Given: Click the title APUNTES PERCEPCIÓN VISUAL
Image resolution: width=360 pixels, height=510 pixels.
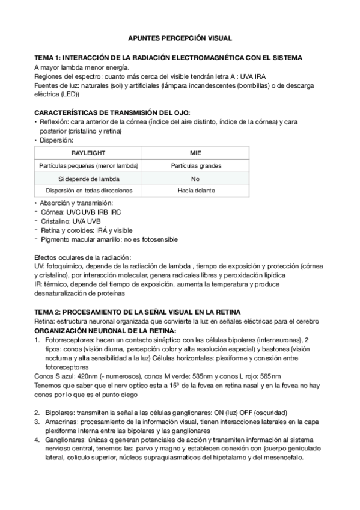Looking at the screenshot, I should pyautogui.click(x=180, y=37).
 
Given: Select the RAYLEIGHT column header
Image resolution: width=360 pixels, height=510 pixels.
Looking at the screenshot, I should pyautogui.click(x=88, y=153).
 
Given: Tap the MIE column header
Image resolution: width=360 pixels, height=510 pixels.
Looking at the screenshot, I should pyautogui.click(x=195, y=153).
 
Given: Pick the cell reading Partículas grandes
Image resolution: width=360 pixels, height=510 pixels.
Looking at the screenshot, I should pyautogui.click(x=195, y=165).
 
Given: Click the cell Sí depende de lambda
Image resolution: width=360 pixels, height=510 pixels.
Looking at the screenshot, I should pyautogui.click(x=88, y=178).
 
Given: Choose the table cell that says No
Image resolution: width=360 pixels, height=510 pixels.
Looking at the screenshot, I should pyautogui.click(x=195, y=178).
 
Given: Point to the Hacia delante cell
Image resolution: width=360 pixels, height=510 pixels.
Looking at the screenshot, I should pyautogui.click(x=195, y=191).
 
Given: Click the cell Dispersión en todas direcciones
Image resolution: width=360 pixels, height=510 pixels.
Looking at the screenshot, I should pyautogui.click(x=88, y=191).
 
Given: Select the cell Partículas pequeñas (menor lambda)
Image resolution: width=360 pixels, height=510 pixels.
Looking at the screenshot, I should pyautogui.click(x=88, y=165).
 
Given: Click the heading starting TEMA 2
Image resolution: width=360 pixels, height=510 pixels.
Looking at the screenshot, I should pyautogui.click(x=138, y=312).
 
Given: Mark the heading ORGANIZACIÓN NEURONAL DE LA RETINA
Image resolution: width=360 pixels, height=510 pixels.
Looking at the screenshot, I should pyautogui.click(x=105, y=331).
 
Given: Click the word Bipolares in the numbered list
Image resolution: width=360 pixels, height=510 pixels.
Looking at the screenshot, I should pyautogui.click(x=59, y=412).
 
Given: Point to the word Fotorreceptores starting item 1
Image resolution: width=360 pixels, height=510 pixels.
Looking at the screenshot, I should pyautogui.click(x=69, y=340).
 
